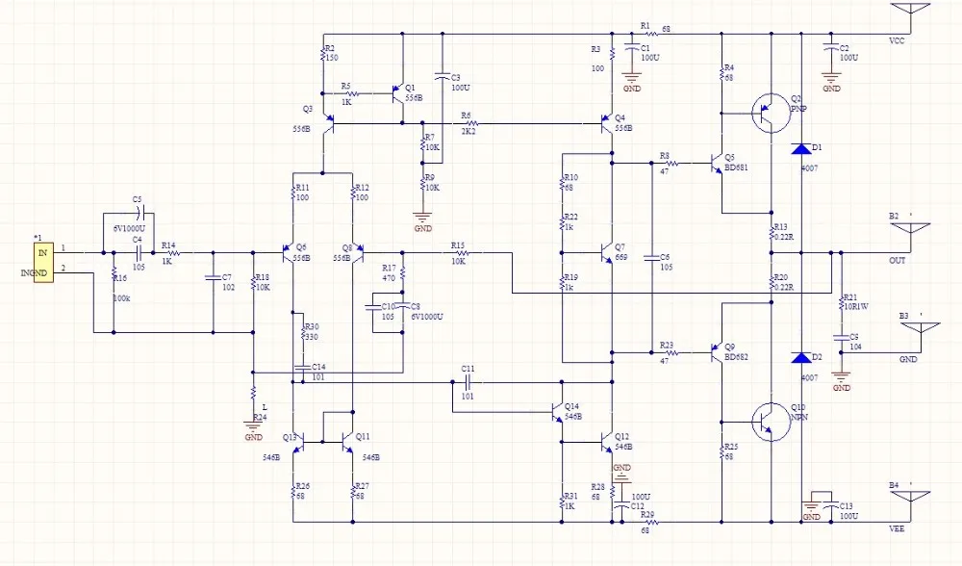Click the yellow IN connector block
pos(42,261)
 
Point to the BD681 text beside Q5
pos(737,167)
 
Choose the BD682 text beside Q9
pos(737,357)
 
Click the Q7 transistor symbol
pos(606,253)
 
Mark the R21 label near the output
pos(849,297)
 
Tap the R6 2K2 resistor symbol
pos(468,124)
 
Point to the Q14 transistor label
pos(571,405)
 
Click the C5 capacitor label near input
pos(138,199)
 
